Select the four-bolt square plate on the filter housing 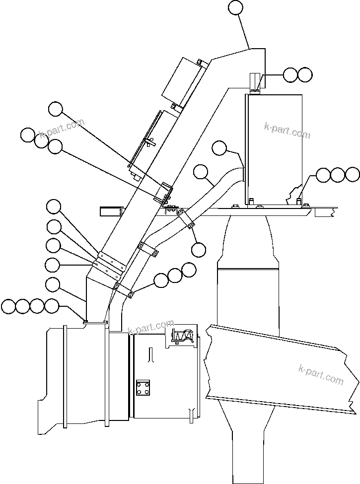click(x=143, y=387)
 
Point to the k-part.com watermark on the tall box click(x=287, y=131)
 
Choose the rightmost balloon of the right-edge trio click(x=352, y=174)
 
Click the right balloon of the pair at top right click(x=305, y=74)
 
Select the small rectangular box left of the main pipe click(x=111, y=211)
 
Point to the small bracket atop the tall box click(x=255, y=82)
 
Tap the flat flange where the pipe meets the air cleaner click(x=95, y=322)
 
